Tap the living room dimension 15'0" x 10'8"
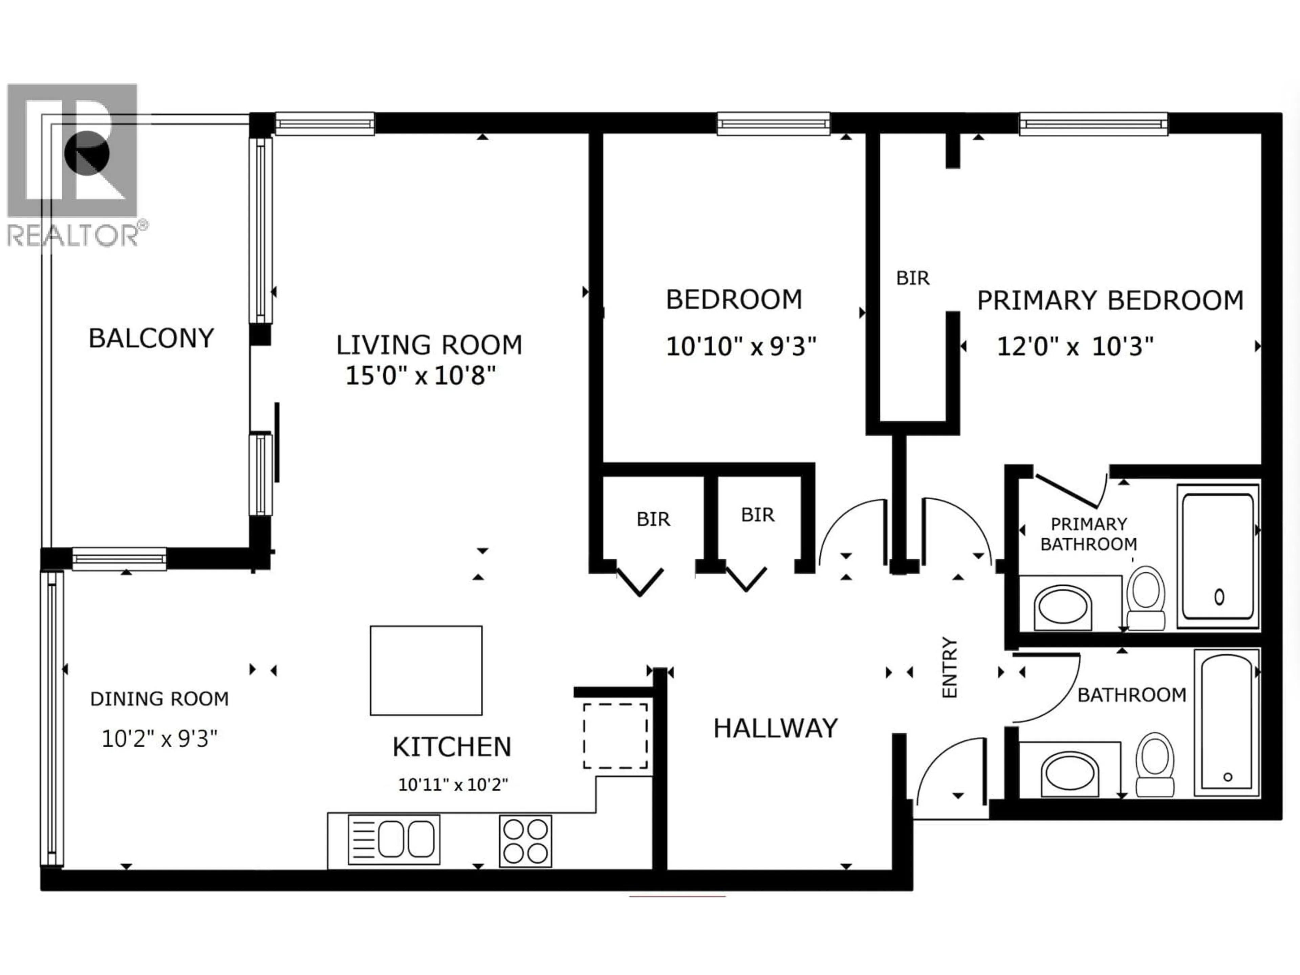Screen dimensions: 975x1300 (420, 375)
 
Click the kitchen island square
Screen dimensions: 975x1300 (426, 670)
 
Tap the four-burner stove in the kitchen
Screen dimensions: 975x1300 (525, 840)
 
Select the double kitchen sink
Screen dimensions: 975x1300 (394, 839)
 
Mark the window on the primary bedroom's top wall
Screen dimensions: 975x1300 (1093, 124)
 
